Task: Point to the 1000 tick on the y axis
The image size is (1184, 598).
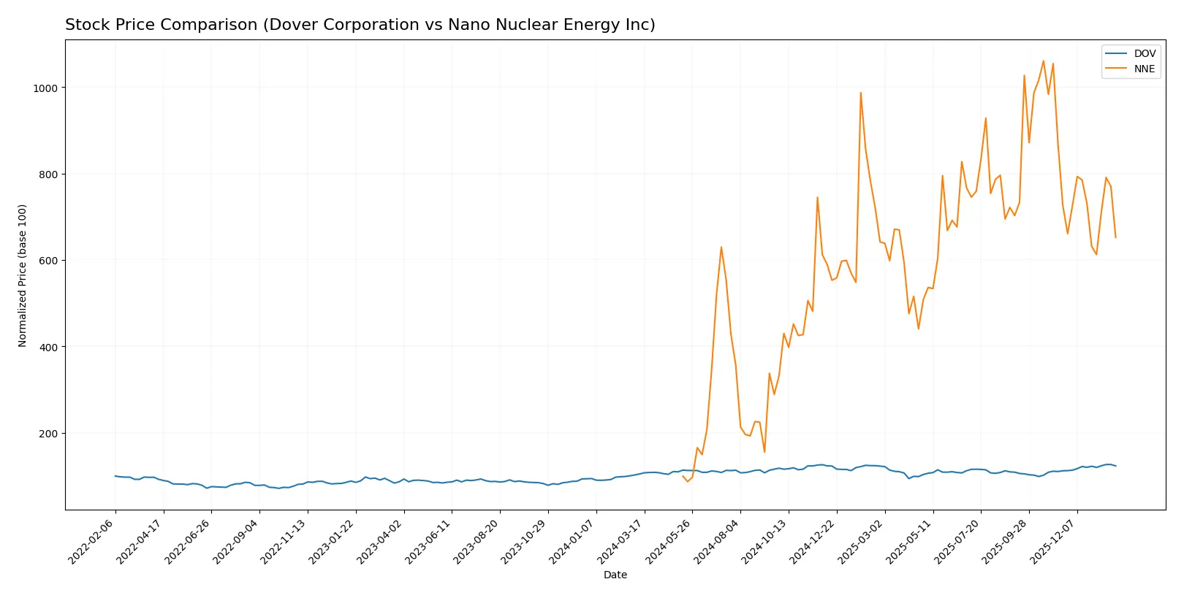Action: point(45,88)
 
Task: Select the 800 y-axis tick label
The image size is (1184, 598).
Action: point(48,175)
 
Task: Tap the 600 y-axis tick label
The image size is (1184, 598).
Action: point(48,261)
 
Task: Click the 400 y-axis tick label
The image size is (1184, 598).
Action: point(48,347)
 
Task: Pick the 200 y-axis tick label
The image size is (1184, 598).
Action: point(48,434)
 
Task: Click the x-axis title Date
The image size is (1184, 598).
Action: point(615,575)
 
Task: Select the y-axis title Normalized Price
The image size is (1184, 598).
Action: point(23,275)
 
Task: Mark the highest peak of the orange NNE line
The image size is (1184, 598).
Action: point(1043,61)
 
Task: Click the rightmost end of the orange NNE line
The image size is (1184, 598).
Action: point(1115,237)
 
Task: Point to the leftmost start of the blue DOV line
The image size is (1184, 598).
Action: point(115,476)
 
